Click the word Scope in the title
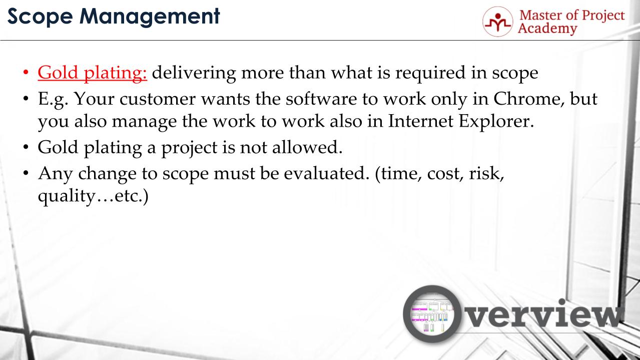click(x=40, y=17)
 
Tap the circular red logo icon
click(x=498, y=22)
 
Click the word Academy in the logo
click(x=547, y=29)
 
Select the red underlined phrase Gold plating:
click(x=92, y=73)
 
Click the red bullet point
click(x=26, y=72)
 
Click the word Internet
click(x=420, y=121)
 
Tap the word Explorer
click(x=496, y=122)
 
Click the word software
click(x=321, y=99)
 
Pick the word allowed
click(x=307, y=147)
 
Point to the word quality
click(x=66, y=197)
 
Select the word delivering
click(x=194, y=73)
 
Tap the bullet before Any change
click(x=26, y=173)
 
